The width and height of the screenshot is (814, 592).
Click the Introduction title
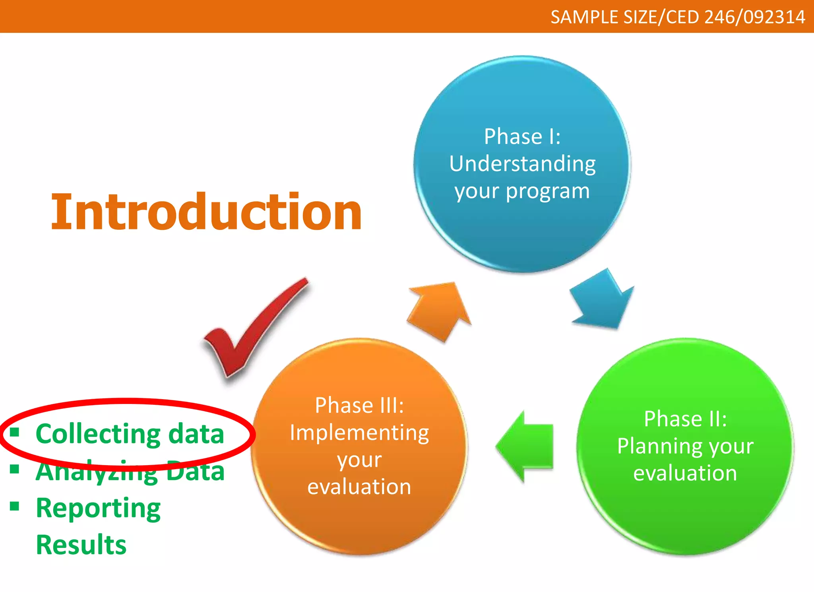pos(206,212)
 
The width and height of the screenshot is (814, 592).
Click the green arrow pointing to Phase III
pos(525,446)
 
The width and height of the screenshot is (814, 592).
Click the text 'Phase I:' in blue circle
pos(522,137)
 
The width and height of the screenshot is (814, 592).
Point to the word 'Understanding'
pos(522,164)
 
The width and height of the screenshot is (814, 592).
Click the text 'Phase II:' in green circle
pos(685,419)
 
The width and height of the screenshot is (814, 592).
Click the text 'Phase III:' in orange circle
pos(359,406)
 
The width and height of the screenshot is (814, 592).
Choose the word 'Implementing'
pos(359,433)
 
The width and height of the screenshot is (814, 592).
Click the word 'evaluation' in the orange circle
pos(359,487)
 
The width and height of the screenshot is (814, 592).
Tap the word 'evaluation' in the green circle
pos(685,473)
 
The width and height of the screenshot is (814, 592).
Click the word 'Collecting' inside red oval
pos(98,433)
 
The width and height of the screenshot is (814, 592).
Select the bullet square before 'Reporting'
pos(15,506)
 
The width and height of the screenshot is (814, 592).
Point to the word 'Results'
pos(81,545)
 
